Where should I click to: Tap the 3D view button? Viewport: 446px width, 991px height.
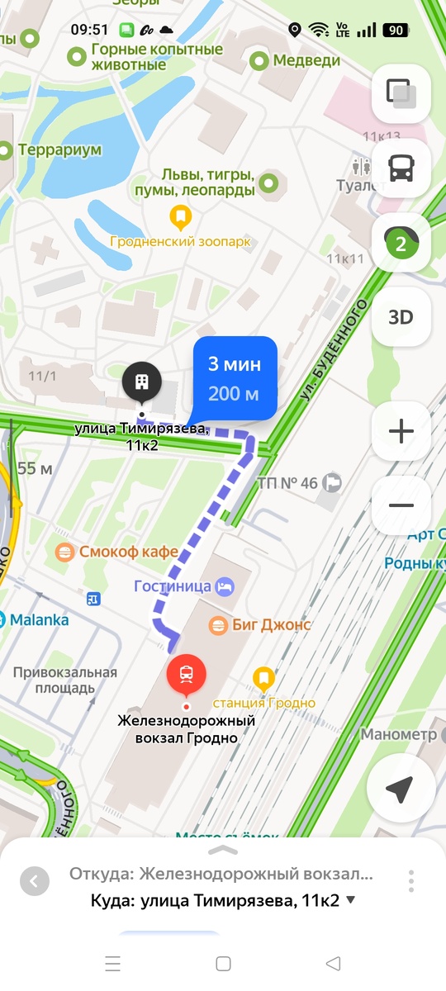tap(401, 317)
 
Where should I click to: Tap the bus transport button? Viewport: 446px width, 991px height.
tap(401, 169)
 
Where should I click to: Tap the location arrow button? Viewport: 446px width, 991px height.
tap(400, 789)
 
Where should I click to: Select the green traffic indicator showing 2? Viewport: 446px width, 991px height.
tap(401, 244)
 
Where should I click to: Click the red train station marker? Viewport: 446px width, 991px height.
tap(187, 674)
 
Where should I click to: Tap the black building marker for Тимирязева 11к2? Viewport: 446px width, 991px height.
tap(142, 382)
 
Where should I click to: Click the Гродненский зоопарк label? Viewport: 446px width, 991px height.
tap(181, 242)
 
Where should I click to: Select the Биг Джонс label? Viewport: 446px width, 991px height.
tap(259, 624)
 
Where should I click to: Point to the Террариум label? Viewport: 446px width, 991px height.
tap(60, 150)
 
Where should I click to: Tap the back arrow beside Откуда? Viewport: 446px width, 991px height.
tap(34, 881)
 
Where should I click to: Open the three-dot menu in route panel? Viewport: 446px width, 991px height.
tap(410, 880)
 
